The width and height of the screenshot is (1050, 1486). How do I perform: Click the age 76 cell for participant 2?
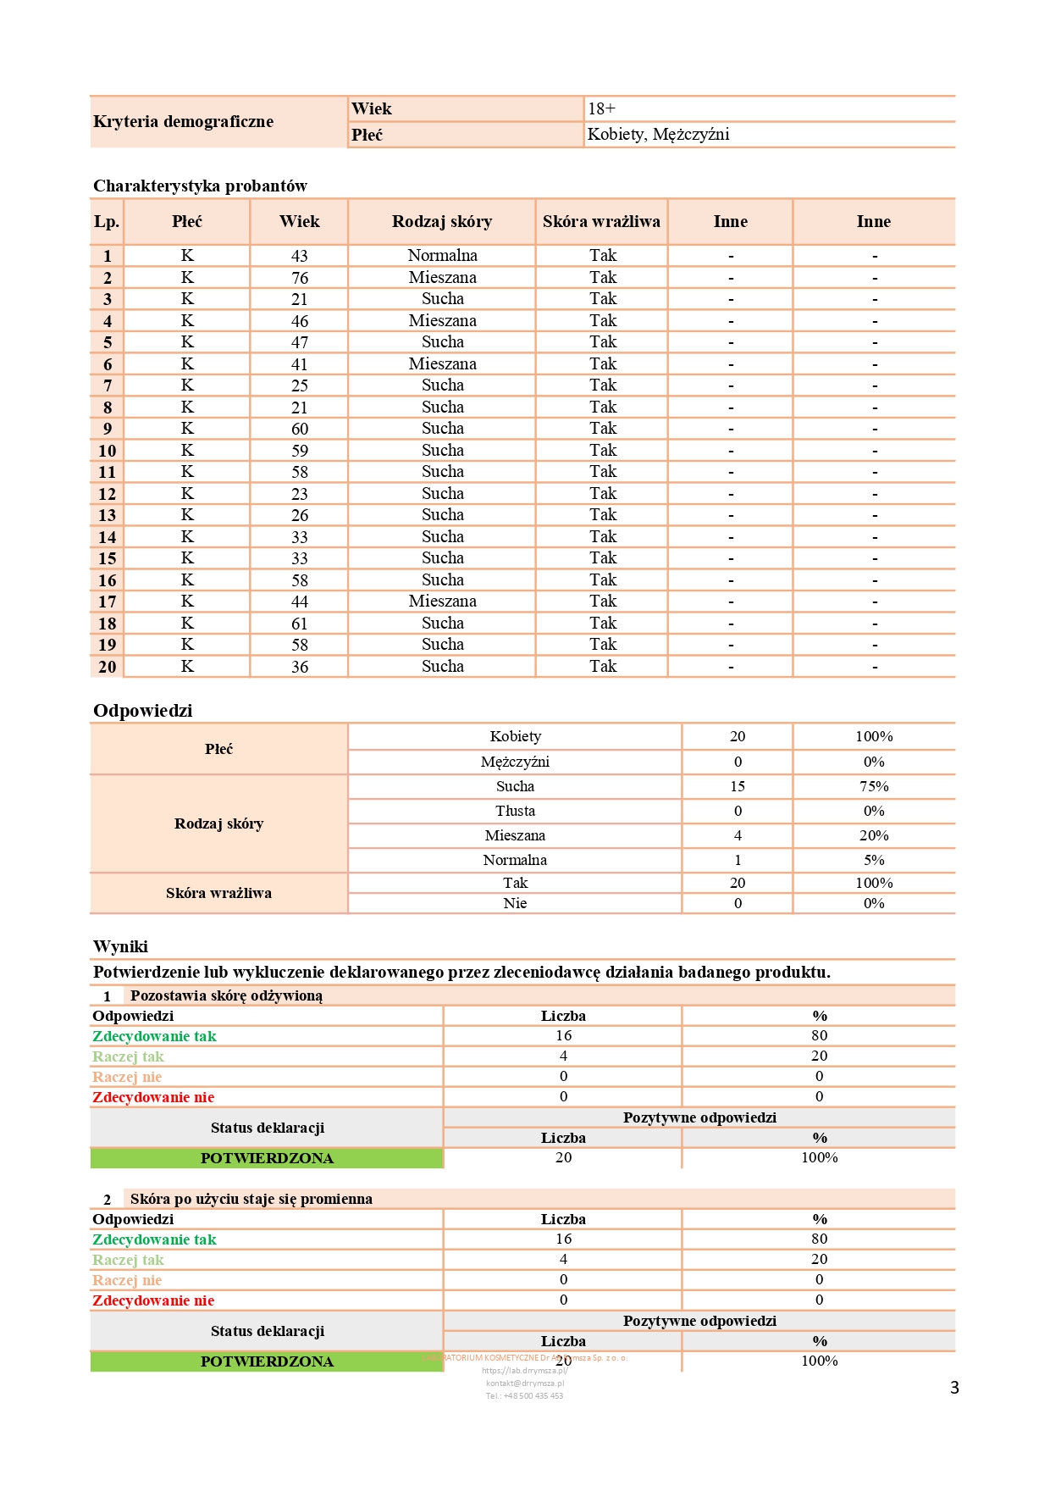click(300, 278)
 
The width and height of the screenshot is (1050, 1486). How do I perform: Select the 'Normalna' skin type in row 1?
click(442, 256)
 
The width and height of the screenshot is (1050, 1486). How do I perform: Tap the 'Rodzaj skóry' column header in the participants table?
click(441, 222)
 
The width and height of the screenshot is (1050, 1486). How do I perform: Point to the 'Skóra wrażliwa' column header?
click(601, 222)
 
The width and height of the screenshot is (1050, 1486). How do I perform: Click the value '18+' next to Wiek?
click(602, 109)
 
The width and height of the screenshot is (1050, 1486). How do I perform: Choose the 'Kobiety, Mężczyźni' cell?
click(658, 135)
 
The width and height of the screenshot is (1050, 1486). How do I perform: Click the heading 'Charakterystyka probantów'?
click(200, 186)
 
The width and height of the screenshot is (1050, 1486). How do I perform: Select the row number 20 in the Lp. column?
click(108, 668)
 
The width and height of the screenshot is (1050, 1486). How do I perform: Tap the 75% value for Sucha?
click(874, 787)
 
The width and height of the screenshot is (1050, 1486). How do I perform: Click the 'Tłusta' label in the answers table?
click(515, 812)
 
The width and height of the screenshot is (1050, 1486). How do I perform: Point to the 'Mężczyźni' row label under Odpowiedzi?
click(515, 762)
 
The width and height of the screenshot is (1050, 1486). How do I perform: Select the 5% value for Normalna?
click(874, 861)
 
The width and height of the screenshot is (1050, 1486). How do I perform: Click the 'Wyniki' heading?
click(120, 947)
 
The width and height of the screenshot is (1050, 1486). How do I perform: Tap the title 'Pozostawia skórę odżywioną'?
click(226, 996)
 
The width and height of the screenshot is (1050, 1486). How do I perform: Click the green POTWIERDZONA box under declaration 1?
click(267, 1159)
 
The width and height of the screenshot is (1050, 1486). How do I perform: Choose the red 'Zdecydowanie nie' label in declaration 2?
click(153, 1301)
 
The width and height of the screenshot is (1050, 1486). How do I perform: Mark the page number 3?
click(954, 1388)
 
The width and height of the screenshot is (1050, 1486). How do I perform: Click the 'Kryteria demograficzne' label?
click(183, 122)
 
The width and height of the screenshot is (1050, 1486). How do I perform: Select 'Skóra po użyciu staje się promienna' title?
click(251, 1200)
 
